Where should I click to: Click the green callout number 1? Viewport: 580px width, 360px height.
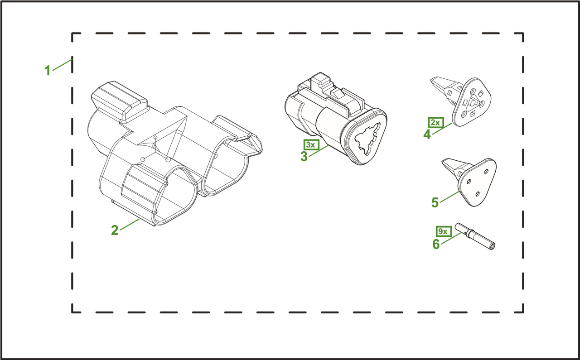point(48,70)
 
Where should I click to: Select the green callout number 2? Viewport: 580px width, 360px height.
point(115,230)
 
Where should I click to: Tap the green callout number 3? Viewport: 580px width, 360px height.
point(304,156)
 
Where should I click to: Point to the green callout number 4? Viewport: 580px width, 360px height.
point(427,134)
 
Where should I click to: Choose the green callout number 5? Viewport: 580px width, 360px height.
point(435,202)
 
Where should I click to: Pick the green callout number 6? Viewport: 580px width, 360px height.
point(436,244)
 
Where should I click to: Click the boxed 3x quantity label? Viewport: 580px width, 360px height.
point(311,144)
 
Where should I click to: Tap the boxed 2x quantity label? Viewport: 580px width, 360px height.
point(436,122)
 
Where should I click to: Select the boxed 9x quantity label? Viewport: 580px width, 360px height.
point(444,231)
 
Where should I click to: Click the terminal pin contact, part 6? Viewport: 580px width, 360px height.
point(475,236)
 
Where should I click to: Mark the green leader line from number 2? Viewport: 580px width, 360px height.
point(130,225)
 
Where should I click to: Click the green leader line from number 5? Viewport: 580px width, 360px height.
point(449,197)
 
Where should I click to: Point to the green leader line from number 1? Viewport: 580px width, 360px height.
point(62,65)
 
